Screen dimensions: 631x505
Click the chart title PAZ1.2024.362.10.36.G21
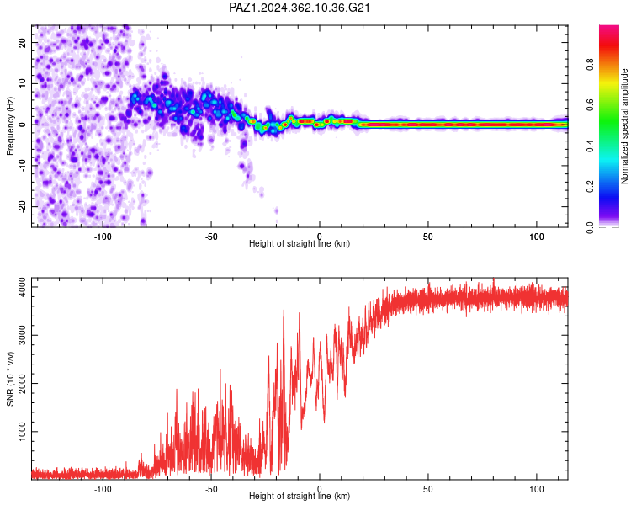pyautogui.click(x=300, y=8)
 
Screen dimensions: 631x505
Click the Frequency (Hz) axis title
pyautogui.click(x=10, y=125)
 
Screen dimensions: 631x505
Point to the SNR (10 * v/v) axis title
pyautogui.click(x=10, y=379)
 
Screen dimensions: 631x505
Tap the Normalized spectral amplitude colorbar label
pyautogui.click(x=624, y=126)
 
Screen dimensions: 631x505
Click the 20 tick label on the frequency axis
pyautogui.click(x=23, y=42)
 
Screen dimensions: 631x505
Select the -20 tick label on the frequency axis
pyautogui.click(x=23, y=206)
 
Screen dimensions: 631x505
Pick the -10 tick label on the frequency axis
pyautogui.click(x=23, y=166)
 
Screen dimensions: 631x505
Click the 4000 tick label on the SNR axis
pyautogui.click(x=23, y=287)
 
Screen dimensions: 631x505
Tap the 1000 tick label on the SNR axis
pyautogui.click(x=23, y=431)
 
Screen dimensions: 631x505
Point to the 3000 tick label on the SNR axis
pyautogui.click(x=23, y=335)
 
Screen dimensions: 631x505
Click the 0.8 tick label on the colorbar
pyautogui.click(x=590, y=65)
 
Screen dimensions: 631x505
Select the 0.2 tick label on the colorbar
pyautogui.click(x=590, y=187)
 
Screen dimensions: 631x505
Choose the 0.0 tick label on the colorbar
pyautogui.click(x=590, y=227)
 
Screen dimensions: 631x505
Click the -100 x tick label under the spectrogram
pyautogui.click(x=103, y=237)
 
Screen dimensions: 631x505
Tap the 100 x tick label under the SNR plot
pyautogui.click(x=537, y=489)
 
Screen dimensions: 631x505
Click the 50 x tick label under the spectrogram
pyautogui.click(x=427, y=237)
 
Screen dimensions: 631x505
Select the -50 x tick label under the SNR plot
pyautogui.click(x=211, y=489)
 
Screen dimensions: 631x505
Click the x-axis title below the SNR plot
pyautogui.click(x=300, y=496)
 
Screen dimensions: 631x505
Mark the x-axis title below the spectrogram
pyautogui.click(x=300, y=243)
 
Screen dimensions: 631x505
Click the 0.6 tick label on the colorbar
pyautogui.click(x=590, y=105)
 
